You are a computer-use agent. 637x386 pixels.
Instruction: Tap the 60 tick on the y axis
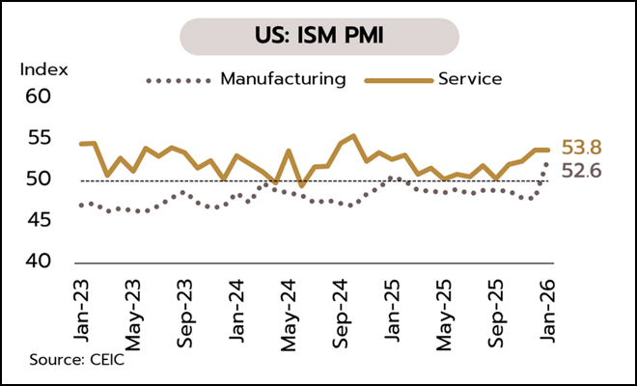37,97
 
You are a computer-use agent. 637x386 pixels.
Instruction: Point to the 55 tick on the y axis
37,138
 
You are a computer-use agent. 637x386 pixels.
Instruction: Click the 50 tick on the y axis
37,179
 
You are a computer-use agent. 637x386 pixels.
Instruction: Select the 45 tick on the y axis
37,221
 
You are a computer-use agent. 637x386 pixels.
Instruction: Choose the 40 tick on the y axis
37,262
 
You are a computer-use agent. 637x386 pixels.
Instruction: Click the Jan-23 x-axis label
81,307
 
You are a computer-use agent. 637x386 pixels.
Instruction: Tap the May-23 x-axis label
133,307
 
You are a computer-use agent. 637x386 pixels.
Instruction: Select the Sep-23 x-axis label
185,307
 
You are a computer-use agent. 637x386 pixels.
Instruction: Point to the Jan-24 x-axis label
236,307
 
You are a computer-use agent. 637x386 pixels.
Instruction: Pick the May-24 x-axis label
289,307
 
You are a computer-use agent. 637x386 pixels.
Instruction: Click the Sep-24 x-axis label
341,307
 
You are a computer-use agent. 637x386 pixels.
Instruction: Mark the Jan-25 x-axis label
393,307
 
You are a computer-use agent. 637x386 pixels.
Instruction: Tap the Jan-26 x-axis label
548,307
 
